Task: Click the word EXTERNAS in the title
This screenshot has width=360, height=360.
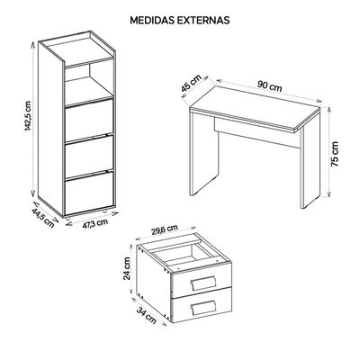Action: tap(203, 20)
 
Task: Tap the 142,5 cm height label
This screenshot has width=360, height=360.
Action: tap(28, 116)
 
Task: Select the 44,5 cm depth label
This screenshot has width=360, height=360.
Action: tap(43, 218)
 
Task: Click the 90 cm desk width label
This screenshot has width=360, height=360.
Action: tap(270, 86)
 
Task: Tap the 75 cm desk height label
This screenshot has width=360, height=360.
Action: tap(335, 154)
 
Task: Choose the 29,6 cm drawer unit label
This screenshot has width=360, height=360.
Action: tap(165, 230)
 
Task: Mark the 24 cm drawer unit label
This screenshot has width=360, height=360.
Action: tap(127, 268)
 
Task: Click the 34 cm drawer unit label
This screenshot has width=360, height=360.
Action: tap(147, 315)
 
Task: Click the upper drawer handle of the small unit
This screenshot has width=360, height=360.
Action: tap(203, 283)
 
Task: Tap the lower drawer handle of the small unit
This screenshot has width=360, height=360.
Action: tap(203, 307)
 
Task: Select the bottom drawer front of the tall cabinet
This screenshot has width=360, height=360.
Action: tap(89, 193)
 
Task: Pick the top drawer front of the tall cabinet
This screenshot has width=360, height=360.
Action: tap(89, 120)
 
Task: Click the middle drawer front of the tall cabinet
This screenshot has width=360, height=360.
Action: tap(89, 157)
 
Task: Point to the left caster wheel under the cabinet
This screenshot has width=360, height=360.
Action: tap(68, 219)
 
